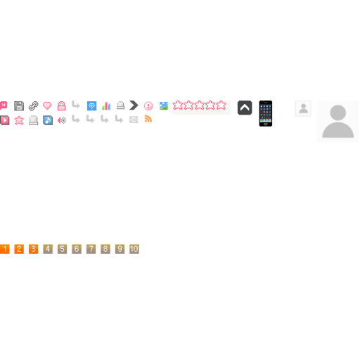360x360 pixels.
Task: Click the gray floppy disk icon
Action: pos(19,106)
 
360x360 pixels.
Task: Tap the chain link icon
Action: pos(33,106)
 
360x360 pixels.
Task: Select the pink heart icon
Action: pos(47,105)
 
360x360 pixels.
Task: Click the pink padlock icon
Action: pos(61,106)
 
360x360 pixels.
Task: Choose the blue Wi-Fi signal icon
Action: pos(91,106)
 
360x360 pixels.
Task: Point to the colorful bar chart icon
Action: pos(106,106)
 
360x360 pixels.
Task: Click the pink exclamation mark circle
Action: pos(148,106)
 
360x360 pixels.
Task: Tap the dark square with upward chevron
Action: pos(245,108)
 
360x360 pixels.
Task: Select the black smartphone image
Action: pos(266,113)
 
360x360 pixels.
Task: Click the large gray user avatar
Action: pos(337,122)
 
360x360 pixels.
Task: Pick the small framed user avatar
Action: pos(303,108)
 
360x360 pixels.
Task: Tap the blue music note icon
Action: pos(48,120)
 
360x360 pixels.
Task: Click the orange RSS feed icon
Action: pos(148,119)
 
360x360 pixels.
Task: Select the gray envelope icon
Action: pos(134,120)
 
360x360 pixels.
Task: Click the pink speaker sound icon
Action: pos(61,120)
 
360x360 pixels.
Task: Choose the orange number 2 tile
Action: pos(19,249)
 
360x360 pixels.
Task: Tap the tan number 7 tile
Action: pos(91,249)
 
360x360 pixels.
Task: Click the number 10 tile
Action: pos(134,249)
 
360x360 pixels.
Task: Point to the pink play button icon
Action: pos(5,120)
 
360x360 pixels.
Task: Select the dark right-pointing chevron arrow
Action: pos(134,105)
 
